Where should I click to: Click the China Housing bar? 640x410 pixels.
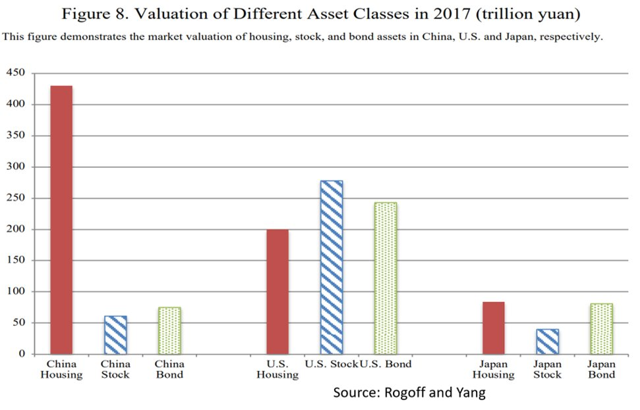[x=62, y=220]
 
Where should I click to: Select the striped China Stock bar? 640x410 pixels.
[x=116, y=335]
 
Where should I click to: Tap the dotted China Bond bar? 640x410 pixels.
[x=169, y=330]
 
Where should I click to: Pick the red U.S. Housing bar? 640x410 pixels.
[x=277, y=292]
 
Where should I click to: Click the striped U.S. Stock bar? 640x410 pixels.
[x=332, y=267]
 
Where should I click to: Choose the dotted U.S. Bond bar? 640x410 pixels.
[x=385, y=278]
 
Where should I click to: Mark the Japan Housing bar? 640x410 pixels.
[x=493, y=328]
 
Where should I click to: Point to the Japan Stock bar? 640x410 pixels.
[x=547, y=342]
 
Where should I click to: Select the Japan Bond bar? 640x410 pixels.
[x=601, y=328]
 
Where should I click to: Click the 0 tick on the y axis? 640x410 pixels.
[x=21, y=354]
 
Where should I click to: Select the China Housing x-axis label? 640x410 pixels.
[x=62, y=369]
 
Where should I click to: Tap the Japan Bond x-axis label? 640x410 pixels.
[x=601, y=369]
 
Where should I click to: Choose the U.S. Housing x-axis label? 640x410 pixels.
[x=277, y=369]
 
